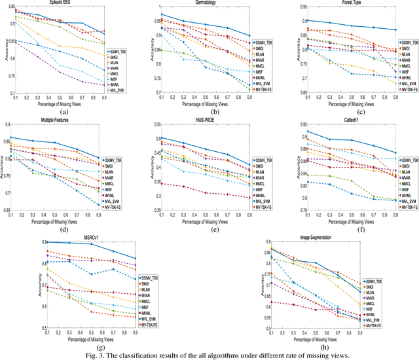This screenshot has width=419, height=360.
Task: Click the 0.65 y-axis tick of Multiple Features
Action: [5, 211]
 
